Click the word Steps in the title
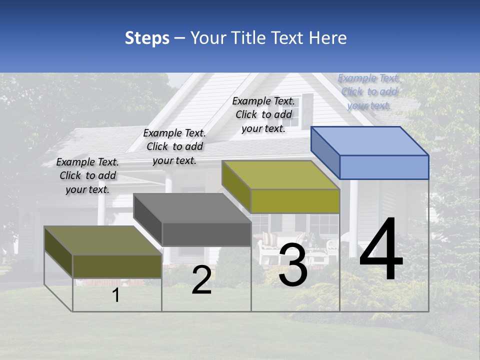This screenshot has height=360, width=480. click(x=147, y=38)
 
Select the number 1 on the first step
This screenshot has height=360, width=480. click(x=116, y=295)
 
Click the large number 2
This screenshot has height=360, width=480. click(x=201, y=280)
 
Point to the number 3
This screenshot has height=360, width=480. click(x=293, y=265)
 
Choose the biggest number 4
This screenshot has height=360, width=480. click(x=381, y=250)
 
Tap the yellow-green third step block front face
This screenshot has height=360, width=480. click(x=295, y=201)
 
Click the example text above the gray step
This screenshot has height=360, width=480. click(x=174, y=146)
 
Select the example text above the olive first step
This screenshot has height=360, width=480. click(x=87, y=175)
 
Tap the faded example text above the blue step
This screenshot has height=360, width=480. click(x=369, y=91)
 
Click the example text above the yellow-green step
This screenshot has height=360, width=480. click(x=263, y=114)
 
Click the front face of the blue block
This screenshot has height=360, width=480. click(x=384, y=167)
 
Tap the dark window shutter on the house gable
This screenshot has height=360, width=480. click(x=307, y=111)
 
